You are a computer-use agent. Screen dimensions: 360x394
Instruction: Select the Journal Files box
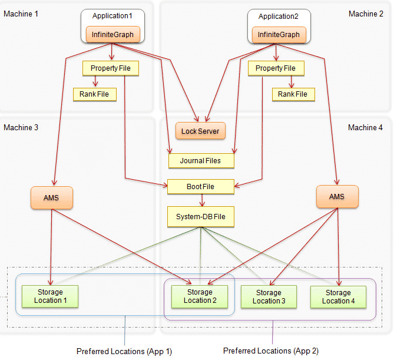(201, 160)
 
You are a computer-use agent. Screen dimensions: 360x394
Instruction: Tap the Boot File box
(201, 187)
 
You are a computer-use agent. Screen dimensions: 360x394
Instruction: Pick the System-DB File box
(201, 217)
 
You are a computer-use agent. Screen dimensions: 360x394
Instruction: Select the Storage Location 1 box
(49, 296)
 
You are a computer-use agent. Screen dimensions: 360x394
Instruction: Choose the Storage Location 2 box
(200, 296)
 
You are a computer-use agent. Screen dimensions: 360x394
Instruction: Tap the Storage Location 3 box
(269, 296)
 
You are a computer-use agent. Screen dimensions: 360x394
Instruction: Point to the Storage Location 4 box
(339, 296)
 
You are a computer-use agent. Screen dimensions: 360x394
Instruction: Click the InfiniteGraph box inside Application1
(112, 35)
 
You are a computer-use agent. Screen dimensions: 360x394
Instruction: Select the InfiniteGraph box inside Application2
(279, 35)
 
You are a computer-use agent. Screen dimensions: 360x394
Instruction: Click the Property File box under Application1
(111, 68)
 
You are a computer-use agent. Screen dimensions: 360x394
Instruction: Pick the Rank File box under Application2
(293, 94)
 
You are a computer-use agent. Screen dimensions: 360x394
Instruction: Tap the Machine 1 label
(21, 14)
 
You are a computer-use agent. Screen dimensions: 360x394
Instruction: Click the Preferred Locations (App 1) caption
(124, 351)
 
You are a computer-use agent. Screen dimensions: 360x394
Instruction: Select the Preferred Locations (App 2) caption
(271, 351)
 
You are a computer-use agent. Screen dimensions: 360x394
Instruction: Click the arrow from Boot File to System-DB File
(202, 200)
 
